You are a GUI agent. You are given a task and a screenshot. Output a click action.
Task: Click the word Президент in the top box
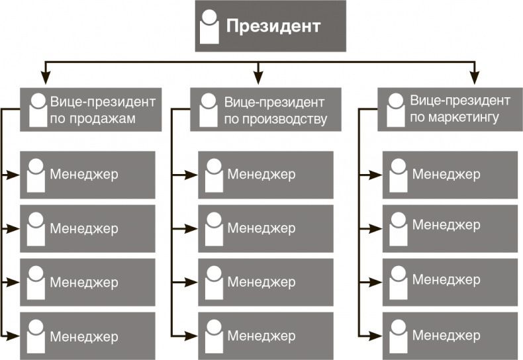point(273,26)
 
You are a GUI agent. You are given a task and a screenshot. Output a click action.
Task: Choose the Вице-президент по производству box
point(265,110)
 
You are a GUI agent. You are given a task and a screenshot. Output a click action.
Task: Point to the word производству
point(276,120)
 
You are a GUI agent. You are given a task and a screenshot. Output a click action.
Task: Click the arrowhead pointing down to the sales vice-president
point(45,74)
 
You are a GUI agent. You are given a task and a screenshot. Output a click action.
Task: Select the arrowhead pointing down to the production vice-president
point(258,74)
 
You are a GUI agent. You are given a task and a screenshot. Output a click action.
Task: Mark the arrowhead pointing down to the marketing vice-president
point(474,74)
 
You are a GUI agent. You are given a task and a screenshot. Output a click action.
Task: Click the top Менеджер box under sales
point(88,175)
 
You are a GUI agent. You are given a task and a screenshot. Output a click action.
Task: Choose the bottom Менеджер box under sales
point(88,336)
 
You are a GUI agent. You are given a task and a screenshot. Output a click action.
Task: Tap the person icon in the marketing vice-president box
point(395,110)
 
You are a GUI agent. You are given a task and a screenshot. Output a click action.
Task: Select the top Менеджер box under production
point(265,175)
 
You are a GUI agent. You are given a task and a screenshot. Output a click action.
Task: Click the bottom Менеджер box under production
point(265,336)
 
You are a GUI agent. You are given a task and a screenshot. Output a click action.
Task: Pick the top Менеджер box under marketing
point(450,175)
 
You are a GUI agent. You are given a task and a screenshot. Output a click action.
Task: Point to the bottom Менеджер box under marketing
point(450,336)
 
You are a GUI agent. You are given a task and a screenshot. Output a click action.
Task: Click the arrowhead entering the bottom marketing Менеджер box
point(377,336)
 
